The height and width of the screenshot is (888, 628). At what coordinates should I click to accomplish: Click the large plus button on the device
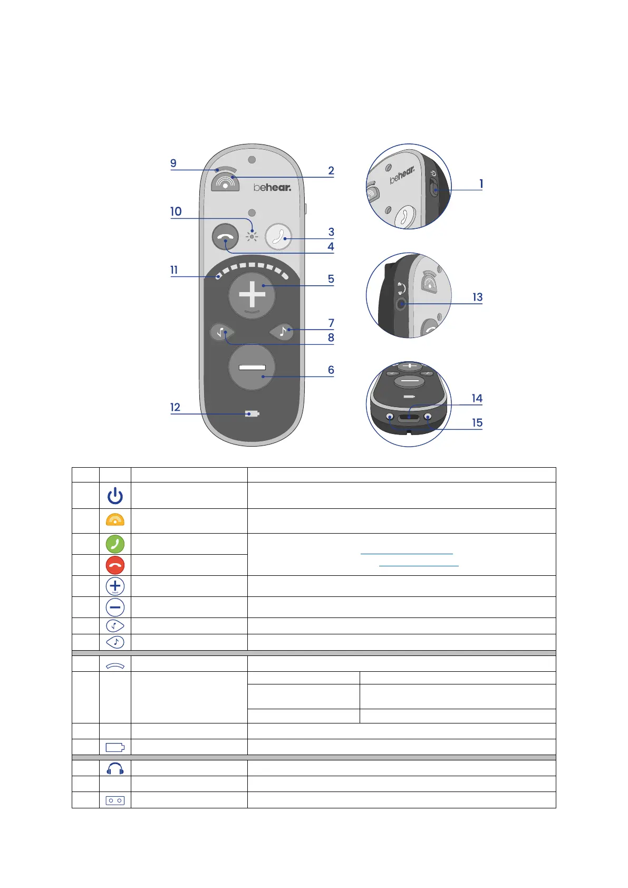(x=252, y=295)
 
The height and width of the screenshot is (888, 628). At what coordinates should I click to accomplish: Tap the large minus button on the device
(x=252, y=368)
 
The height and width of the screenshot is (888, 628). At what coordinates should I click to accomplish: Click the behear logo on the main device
(x=272, y=187)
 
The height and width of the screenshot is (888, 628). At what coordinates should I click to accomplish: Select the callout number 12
(x=175, y=407)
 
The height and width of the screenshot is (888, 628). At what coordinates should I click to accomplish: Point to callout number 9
(x=173, y=163)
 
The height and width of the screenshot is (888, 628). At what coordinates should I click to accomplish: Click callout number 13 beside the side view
(x=477, y=297)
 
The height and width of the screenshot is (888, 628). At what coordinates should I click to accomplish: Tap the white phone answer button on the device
(x=278, y=236)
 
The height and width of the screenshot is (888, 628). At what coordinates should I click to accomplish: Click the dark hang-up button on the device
(x=225, y=237)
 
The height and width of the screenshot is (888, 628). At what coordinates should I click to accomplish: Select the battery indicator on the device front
(x=252, y=414)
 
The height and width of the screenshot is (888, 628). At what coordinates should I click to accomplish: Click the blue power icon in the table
(x=115, y=496)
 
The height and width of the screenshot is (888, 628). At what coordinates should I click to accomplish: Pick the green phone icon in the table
(x=115, y=544)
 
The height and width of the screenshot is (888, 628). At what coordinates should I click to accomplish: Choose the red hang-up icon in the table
(x=115, y=565)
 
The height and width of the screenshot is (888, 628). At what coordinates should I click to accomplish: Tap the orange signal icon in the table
(x=115, y=520)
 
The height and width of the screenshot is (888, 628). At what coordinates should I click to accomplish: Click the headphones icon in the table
(x=115, y=768)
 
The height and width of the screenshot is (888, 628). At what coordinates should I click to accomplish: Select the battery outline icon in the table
(x=115, y=747)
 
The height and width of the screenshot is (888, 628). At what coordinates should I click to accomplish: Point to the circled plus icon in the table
(x=115, y=586)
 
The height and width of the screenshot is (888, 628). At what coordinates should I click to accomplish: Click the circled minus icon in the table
(x=115, y=607)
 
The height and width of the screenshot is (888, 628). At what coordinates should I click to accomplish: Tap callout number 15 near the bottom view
(x=477, y=423)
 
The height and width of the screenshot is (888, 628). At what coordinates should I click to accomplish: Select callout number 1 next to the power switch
(x=481, y=184)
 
